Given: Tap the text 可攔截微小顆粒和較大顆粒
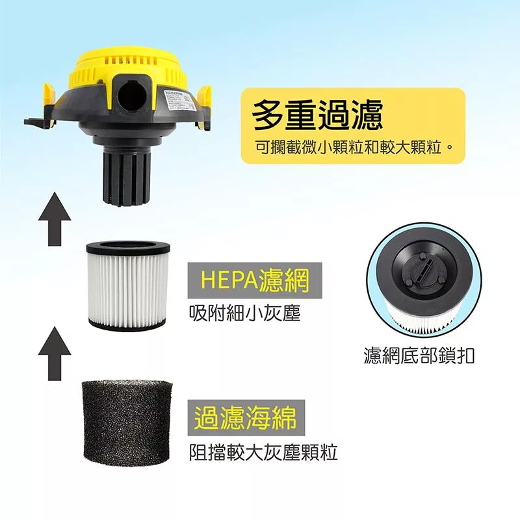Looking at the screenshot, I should (352, 148).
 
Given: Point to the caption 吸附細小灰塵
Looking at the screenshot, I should (244, 313).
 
